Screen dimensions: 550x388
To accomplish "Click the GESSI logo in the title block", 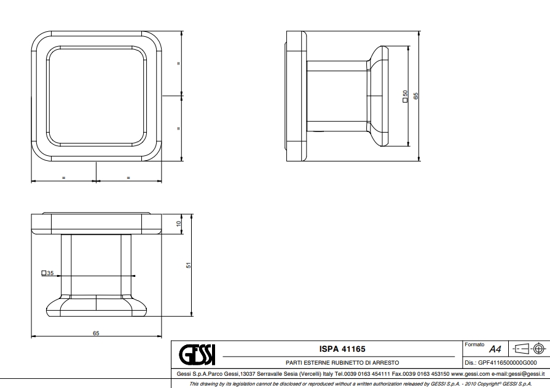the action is (197, 355).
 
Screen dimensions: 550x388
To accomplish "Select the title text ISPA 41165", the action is (342, 349).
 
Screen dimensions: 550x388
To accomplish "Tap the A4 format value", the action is (495, 349).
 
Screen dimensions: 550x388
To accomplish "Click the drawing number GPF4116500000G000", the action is (507, 363).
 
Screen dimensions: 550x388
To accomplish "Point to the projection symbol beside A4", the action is (529, 349).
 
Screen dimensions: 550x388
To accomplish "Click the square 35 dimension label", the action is (47, 273).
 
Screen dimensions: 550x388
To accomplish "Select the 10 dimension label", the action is (179, 223).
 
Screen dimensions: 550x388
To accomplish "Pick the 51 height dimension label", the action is (189, 265).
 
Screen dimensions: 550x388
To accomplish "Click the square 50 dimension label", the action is (406, 96).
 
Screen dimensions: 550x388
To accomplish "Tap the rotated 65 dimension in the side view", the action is (416, 96).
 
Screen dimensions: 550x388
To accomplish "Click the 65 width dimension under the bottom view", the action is (96, 333).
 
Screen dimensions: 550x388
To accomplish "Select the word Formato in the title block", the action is (474, 344).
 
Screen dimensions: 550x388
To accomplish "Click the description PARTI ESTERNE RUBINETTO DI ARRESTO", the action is (342, 363).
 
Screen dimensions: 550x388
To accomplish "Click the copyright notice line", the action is (361, 384).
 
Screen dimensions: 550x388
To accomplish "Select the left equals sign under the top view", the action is (63, 177).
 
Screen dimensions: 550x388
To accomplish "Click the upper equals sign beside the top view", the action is (179, 63).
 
